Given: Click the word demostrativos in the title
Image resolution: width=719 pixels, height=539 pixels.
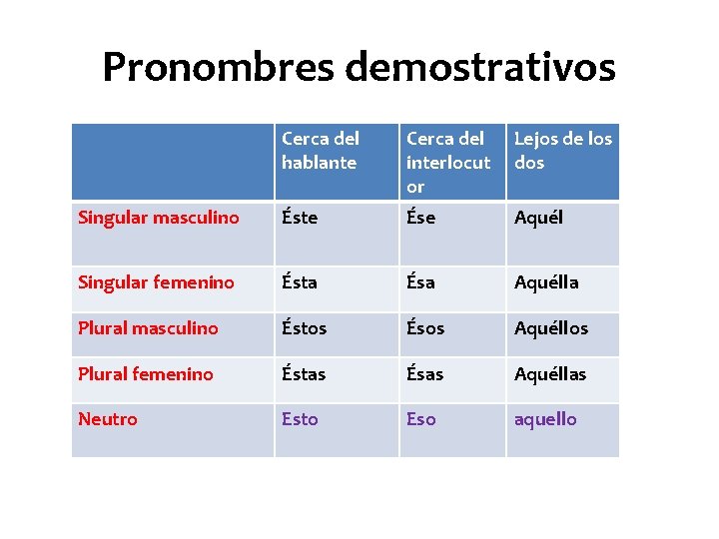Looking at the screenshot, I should tap(480, 67).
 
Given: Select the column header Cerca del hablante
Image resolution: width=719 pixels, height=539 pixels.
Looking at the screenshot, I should tap(320, 150).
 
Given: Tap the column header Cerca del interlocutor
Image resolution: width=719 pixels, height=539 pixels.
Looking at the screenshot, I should tap(448, 162).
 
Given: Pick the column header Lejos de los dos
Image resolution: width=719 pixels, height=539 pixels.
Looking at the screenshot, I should tap(562, 150).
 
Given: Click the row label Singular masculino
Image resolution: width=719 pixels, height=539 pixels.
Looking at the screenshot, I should tap(159, 218).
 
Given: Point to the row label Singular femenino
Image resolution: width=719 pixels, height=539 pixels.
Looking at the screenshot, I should tap(156, 282).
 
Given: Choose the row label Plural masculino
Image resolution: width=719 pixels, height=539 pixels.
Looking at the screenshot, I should tap(148, 328).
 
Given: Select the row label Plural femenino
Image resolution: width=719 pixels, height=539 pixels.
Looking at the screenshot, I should tap(146, 374).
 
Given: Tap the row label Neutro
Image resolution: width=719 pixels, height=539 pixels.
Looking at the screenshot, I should tap(108, 419).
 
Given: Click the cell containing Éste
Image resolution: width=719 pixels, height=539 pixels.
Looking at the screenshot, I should tap(300, 218).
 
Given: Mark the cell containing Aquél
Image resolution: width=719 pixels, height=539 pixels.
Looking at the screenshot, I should tap(538, 218).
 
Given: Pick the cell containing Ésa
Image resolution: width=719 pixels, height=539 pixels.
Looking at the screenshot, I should tap(420, 282).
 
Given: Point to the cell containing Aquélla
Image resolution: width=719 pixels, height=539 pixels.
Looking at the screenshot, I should tap(546, 282).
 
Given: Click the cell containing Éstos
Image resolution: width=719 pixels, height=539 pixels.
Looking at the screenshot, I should tap(305, 328).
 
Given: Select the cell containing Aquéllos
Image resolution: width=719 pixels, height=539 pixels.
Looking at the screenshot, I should tap(551, 328).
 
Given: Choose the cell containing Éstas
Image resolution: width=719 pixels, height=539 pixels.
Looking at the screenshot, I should tap(305, 374).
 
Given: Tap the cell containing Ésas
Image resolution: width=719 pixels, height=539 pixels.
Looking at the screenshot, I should tap(425, 374).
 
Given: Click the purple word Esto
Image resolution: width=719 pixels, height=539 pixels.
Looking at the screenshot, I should tap(300, 419).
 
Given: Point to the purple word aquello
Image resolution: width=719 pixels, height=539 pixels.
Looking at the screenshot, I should tap(545, 419).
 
